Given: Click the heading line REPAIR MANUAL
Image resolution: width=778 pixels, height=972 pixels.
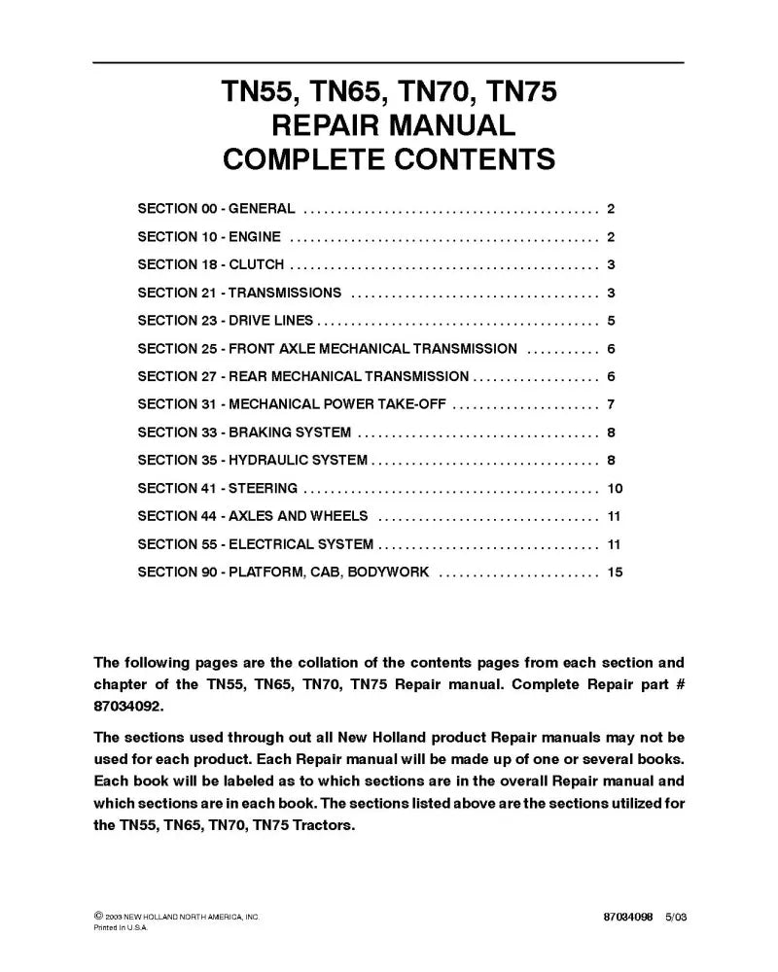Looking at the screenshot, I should point(389,125).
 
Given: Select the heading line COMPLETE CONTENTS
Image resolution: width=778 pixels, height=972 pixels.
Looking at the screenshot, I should point(389,158).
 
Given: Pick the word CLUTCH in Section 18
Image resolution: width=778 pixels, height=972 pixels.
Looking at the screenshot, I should point(257,264).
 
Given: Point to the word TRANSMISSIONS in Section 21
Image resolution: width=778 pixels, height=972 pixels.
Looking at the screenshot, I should point(285,293).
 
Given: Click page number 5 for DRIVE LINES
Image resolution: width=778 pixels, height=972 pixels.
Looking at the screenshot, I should point(611,321).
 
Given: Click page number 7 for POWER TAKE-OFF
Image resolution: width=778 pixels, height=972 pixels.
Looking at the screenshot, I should point(611,404).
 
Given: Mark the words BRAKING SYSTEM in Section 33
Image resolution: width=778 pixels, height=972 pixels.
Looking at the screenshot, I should point(290,433).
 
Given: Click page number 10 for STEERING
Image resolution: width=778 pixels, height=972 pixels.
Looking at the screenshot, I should point(614,488).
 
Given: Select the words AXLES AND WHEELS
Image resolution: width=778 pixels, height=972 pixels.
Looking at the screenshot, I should point(298,516).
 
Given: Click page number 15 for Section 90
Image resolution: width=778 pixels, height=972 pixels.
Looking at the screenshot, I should point(614,572).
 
